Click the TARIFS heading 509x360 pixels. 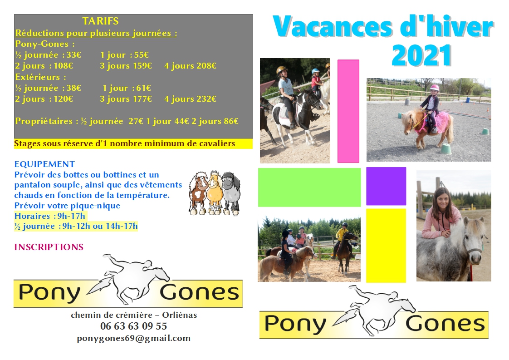[x=100, y=21]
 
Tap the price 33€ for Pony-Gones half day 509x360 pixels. [x=73, y=55]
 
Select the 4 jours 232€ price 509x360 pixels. [x=190, y=99]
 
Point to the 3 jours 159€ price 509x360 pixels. [x=126, y=66]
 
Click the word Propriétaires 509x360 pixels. [x=44, y=121]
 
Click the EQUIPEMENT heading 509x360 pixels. [x=44, y=164]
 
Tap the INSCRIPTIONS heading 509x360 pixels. [x=49, y=247]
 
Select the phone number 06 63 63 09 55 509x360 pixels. [x=134, y=326]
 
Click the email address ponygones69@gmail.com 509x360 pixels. [x=134, y=338]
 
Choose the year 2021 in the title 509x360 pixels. [x=422, y=55]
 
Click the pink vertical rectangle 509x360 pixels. [x=348, y=111]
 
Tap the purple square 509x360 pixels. [x=387, y=186]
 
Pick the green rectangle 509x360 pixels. [x=309, y=187]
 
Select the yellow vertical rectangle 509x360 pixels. [x=386, y=246]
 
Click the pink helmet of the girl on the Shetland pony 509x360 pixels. [x=434, y=88]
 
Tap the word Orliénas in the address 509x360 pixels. [x=180, y=315]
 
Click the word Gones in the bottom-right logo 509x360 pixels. [x=445, y=324]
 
